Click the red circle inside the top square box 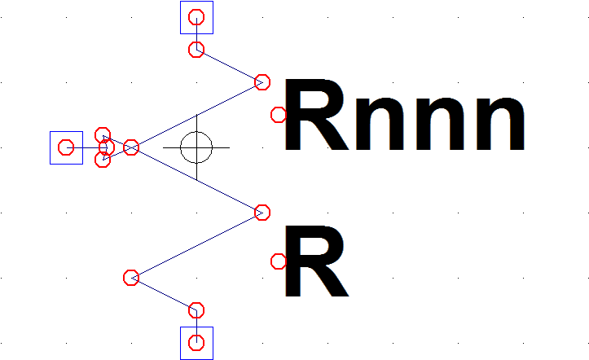(196, 17)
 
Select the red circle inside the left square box (66, 147)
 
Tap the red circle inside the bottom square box (196, 343)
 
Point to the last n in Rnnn (500, 124)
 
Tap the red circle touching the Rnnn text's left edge (279, 115)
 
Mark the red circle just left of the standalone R (279, 261)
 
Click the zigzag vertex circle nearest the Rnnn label (262, 82)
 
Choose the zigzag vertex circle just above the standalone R (262, 213)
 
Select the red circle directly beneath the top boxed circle (196, 50)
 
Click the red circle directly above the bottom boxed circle (196, 310)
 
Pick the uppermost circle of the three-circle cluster (103, 134)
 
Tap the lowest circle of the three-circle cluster (103, 160)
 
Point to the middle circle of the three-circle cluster (108, 147)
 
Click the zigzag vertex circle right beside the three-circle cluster (131, 147)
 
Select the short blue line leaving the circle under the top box (229, 66)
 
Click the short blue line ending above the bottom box (164, 294)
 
